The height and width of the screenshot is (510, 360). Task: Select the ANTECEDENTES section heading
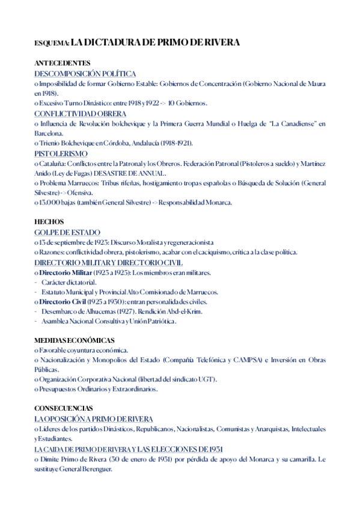63,63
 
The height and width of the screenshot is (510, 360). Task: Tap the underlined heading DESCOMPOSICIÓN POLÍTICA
85,73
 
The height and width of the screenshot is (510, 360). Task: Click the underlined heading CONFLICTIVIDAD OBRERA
80,114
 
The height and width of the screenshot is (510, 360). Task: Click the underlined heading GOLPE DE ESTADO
67,232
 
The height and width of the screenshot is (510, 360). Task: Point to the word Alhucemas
100,312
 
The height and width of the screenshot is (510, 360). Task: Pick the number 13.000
49,203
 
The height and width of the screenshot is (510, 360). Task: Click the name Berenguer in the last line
94,469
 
